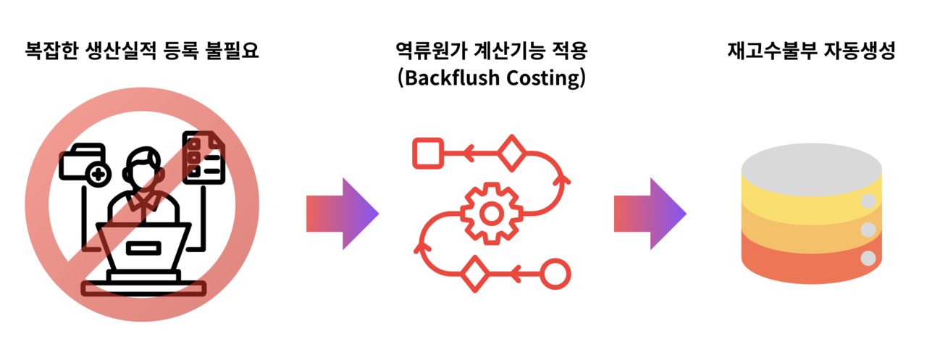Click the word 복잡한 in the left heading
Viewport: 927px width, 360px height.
pyautogui.click(x=51, y=51)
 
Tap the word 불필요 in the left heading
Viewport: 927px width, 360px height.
pyautogui.click(x=232, y=51)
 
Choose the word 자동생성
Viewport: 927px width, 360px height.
pyautogui.click(x=860, y=51)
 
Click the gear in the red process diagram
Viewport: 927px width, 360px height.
pyautogui.click(x=491, y=214)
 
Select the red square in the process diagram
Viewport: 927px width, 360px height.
pyautogui.click(x=428, y=153)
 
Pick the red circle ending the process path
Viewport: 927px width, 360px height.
pyautogui.click(x=555, y=274)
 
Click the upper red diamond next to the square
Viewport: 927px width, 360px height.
pyautogui.click(x=512, y=153)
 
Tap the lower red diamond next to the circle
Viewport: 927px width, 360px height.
pyautogui.click(x=474, y=274)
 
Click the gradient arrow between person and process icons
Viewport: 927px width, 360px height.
pyautogui.click(x=343, y=214)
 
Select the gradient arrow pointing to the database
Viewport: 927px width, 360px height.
pyautogui.click(x=650, y=214)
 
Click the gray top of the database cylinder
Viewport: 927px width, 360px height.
pyautogui.click(x=811, y=169)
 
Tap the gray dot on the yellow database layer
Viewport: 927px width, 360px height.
pyautogui.click(x=868, y=201)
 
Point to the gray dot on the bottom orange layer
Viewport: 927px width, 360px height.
pyautogui.click(x=868, y=258)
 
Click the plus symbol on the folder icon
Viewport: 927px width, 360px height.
pyautogui.click(x=98, y=175)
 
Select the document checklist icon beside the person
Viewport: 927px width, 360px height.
pyautogui.click(x=204, y=158)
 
